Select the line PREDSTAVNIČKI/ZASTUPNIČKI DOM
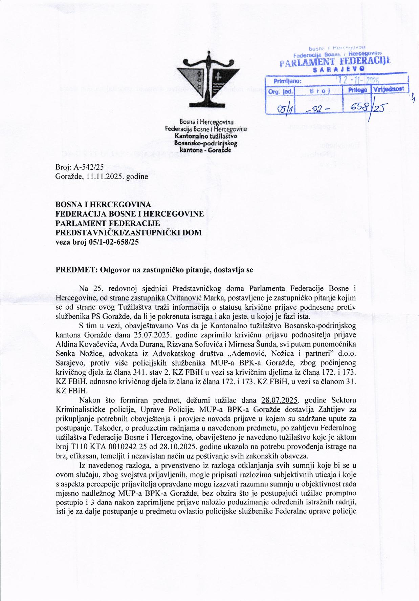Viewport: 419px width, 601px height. pyautogui.click(x=128, y=232)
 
